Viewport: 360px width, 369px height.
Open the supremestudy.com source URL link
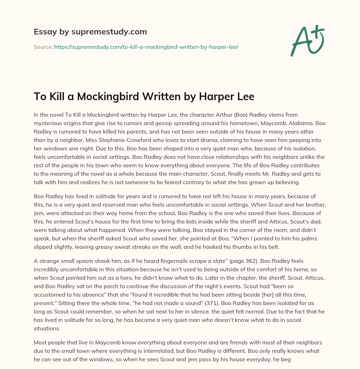[146, 47]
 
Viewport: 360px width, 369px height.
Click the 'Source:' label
[43, 47]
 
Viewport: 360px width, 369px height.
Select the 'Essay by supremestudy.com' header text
[90, 32]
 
